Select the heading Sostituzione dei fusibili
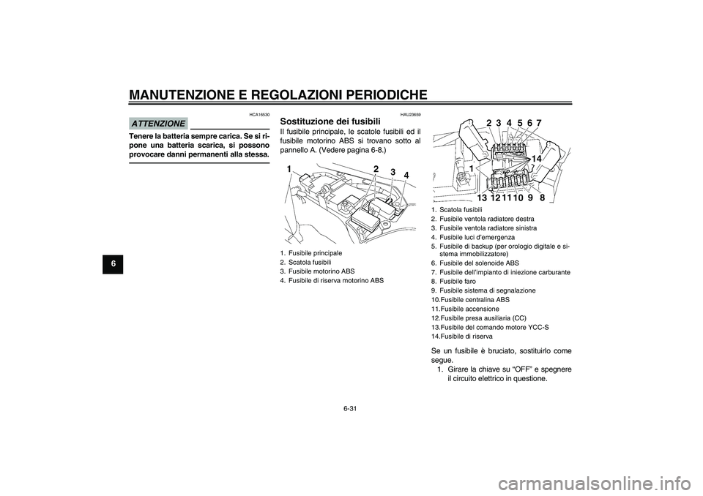[331, 121]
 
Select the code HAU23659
[410, 115]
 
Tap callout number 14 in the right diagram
[538, 159]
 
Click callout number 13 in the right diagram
[482, 198]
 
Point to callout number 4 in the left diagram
[407, 176]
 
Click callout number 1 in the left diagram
[291, 170]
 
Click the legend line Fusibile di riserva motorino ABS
[336, 280]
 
